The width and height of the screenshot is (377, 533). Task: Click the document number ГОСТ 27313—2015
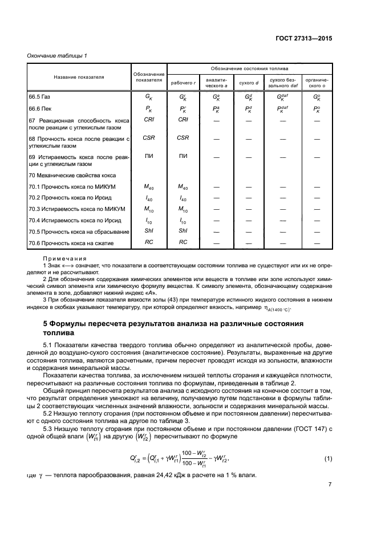click(x=305, y=38)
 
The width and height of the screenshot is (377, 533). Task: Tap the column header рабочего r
click(x=184, y=83)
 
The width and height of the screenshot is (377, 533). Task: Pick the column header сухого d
click(x=249, y=83)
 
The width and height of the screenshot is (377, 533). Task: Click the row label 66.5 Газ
click(x=43, y=96)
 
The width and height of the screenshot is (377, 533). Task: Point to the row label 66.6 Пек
click(x=43, y=108)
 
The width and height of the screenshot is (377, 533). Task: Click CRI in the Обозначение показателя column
click(x=149, y=120)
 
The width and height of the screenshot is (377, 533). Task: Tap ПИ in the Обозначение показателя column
click(x=149, y=156)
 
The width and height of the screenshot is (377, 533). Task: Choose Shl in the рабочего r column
click(x=183, y=231)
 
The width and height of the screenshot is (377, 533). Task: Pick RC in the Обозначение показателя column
click(x=149, y=242)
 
